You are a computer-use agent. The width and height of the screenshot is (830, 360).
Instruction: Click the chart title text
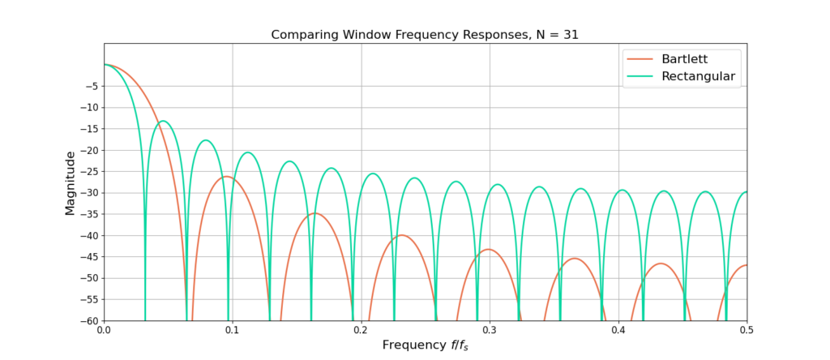click(425, 35)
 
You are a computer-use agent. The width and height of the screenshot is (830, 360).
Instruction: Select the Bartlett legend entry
click(690, 60)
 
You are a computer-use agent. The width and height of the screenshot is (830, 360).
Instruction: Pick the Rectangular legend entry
click(698, 77)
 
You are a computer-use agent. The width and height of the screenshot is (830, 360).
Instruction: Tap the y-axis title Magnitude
click(70, 182)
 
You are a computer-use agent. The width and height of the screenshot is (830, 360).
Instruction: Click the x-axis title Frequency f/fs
click(425, 345)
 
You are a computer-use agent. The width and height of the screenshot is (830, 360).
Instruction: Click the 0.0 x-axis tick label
click(104, 331)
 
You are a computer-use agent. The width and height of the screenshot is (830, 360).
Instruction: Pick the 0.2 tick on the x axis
click(361, 331)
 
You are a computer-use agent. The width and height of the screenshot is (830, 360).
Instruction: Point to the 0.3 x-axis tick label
click(490, 331)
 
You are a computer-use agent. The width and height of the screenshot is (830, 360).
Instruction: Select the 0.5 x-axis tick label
click(747, 331)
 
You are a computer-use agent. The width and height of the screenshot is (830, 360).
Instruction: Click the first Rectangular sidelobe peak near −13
click(163, 121)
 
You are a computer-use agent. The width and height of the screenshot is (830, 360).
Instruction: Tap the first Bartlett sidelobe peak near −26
click(228, 176)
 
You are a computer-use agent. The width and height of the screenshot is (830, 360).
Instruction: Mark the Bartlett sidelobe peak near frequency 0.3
click(488, 249)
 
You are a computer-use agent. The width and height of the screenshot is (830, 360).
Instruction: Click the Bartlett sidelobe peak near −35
click(314, 213)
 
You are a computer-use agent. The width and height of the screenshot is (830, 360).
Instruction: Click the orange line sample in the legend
click(638, 60)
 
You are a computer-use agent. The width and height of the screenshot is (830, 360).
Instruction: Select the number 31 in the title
click(570, 35)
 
